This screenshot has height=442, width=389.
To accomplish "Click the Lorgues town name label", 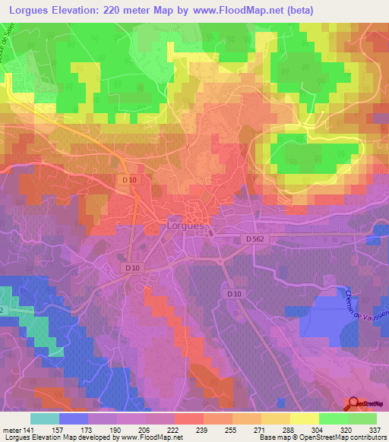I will (185, 226).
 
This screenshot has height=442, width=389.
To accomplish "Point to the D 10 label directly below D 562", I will (232, 293).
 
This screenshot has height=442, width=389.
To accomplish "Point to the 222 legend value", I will (175, 429).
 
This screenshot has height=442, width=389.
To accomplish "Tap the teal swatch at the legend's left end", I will (44, 418).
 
